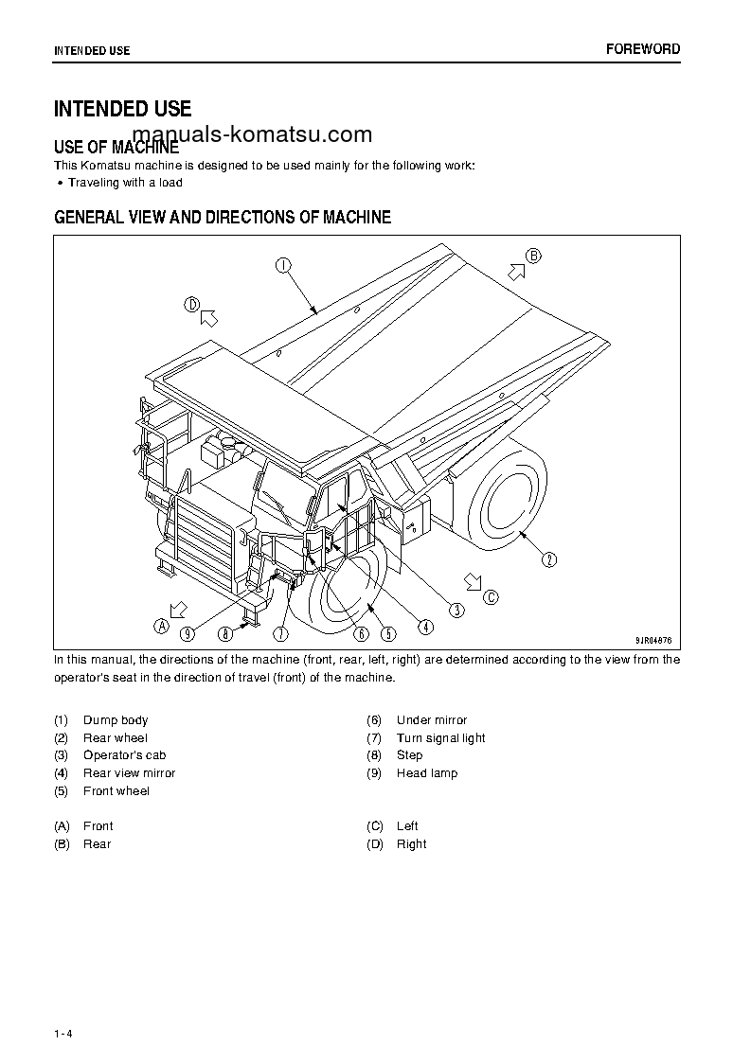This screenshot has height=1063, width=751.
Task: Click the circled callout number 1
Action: click(283, 265)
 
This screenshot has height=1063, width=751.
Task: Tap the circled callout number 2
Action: click(549, 559)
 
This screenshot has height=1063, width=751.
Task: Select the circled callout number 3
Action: click(456, 611)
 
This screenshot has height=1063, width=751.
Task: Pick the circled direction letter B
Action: click(533, 256)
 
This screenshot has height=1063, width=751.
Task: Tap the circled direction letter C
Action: click(490, 596)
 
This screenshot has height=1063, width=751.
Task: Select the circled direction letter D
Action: click(192, 305)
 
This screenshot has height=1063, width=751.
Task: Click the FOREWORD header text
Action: click(643, 49)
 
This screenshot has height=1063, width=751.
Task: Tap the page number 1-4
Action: click(63, 1033)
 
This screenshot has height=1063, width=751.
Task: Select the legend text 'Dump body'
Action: click(116, 720)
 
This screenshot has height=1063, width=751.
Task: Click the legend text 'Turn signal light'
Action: click(440, 738)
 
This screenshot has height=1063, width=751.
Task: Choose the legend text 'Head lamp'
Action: click(426, 773)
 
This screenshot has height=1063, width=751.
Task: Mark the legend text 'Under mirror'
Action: click(431, 720)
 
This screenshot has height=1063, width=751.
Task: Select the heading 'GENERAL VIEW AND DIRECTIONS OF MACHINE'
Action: click(223, 218)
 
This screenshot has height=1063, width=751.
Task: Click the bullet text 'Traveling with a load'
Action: click(125, 183)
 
